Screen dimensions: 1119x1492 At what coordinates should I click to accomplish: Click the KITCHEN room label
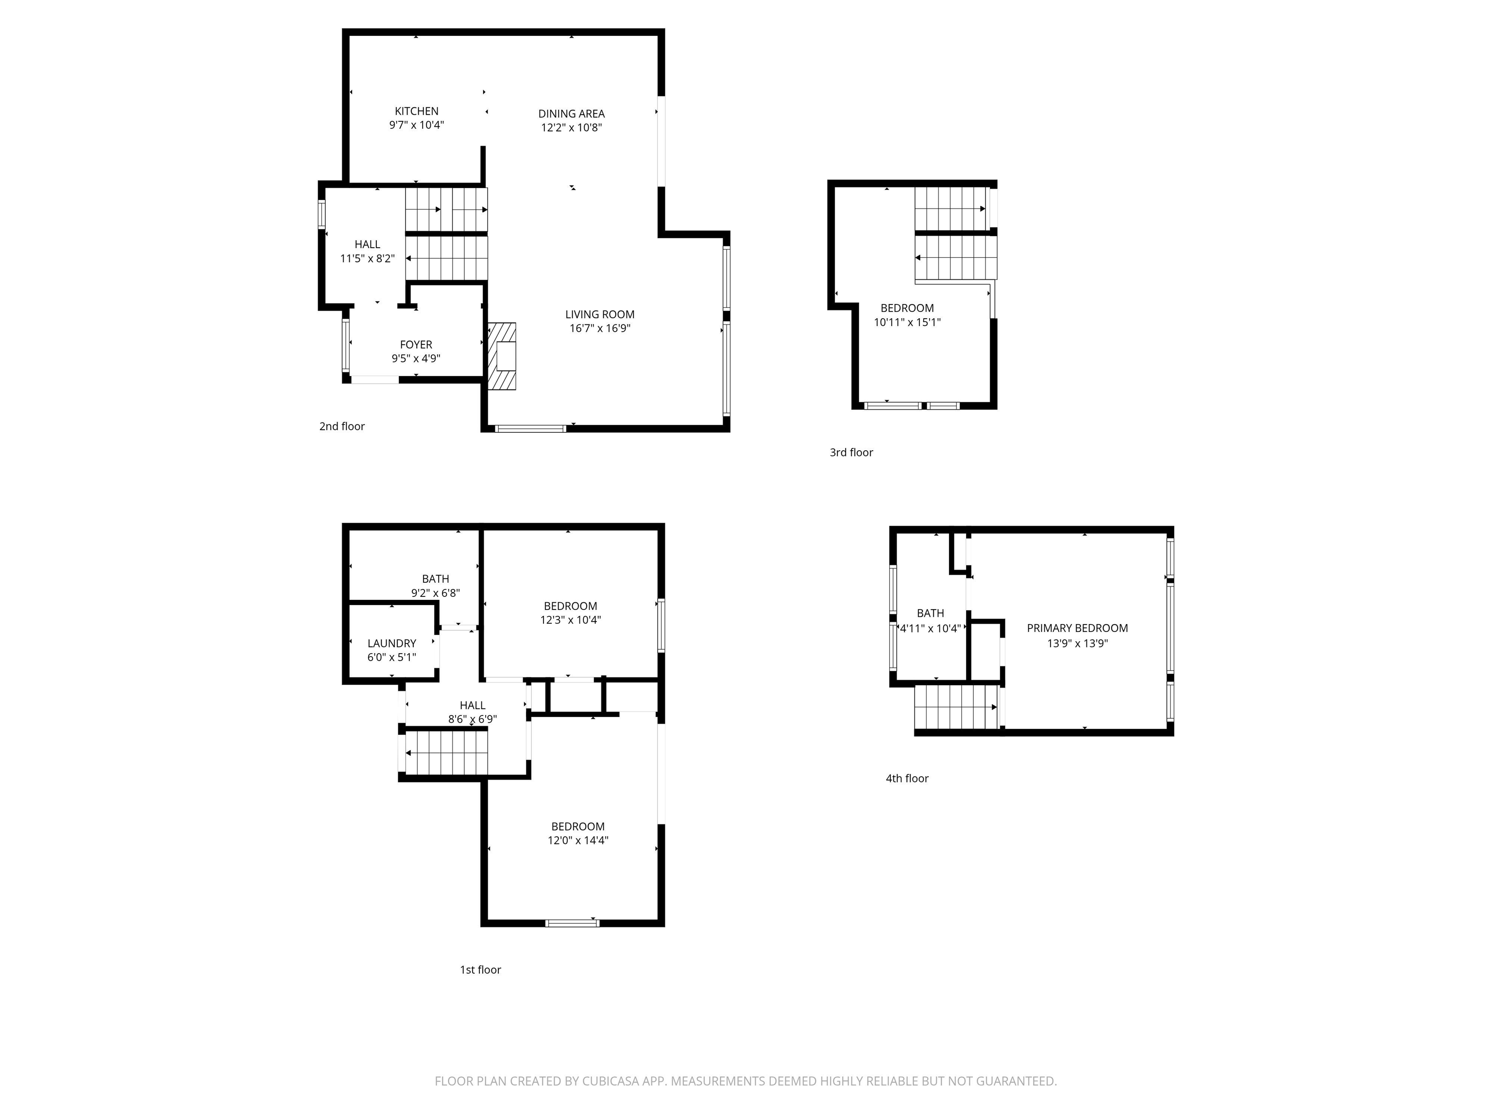(x=416, y=111)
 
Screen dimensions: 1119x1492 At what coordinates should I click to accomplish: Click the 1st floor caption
(x=480, y=970)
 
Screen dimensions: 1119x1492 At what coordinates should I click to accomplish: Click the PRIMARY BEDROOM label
(x=1077, y=628)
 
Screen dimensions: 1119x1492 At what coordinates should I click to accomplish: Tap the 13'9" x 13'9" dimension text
(x=1077, y=644)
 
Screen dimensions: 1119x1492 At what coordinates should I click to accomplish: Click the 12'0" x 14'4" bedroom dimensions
(x=577, y=840)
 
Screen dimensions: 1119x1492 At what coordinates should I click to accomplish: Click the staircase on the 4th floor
(x=956, y=707)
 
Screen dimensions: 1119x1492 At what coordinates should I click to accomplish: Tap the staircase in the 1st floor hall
(x=446, y=752)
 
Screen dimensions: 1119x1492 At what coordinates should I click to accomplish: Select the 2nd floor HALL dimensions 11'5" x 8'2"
(x=367, y=258)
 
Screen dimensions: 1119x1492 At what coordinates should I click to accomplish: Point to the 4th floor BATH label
(x=930, y=613)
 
